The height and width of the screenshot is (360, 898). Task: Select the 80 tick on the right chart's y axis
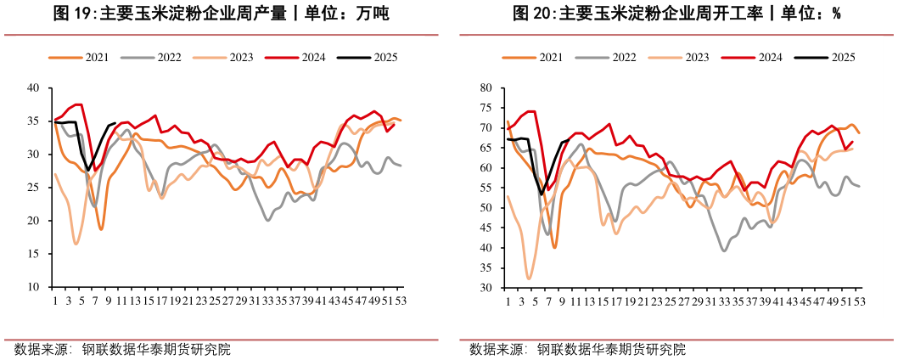click(486, 87)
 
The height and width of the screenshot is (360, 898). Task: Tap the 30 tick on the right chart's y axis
click(486, 288)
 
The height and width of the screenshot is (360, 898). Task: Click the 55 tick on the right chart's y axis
click(486, 188)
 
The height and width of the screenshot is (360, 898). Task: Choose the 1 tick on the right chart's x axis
click(508, 301)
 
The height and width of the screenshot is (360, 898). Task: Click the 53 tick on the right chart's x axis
click(859, 301)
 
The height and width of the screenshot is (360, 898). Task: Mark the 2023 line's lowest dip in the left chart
click(76, 244)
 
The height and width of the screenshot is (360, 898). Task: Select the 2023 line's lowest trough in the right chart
click(529, 278)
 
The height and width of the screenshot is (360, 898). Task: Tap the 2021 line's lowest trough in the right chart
click(555, 247)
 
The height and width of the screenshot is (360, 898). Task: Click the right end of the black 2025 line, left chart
click(115, 123)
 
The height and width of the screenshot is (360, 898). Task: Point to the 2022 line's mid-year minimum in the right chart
click(724, 250)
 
